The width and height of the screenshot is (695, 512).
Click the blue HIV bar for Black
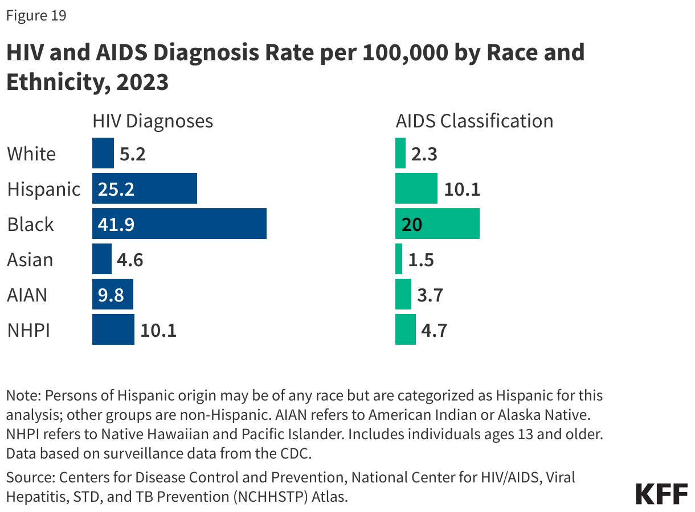point(179,224)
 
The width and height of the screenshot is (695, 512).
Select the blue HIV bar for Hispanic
point(144,188)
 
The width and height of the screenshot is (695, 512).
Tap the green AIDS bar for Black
point(437,224)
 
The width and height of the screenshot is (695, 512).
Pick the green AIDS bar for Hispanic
point(416,188)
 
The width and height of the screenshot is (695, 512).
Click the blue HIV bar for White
point(103,153)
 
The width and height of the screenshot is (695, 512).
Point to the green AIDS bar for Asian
point(399,259)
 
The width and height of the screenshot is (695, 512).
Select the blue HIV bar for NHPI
point(113,329)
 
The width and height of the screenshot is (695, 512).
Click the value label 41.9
point(116,224)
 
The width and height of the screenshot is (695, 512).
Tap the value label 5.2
point(133,154)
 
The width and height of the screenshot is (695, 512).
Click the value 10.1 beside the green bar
point(461,189)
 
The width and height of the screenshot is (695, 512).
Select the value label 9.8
point(111,295)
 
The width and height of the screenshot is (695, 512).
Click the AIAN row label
point(27,295)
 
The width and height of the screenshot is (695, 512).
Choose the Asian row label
point(30,259)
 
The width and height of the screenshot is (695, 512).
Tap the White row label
point(31,154)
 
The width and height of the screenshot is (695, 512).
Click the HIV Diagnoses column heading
point(153,121)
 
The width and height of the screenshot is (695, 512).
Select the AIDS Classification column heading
point(474,121)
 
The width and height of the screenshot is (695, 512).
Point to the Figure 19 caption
point(36,15)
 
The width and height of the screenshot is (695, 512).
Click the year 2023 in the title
point(142,82)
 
